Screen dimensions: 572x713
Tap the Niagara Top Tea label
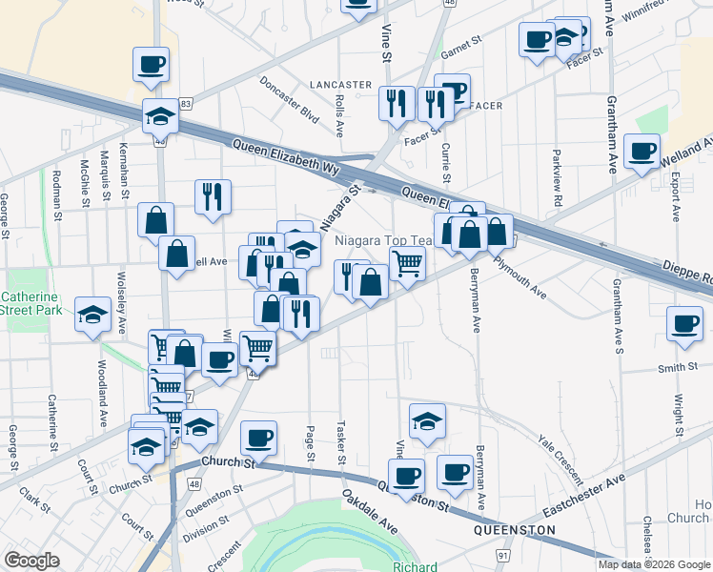pos(387,241)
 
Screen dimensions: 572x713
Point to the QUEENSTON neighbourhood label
pos(515,529)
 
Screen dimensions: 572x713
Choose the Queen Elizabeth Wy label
pos(286,157)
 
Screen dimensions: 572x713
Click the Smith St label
pos(673,368)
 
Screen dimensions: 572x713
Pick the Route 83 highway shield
pos(186,103)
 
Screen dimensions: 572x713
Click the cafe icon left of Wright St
pos(684,322)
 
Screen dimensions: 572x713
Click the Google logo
pos(31,561)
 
